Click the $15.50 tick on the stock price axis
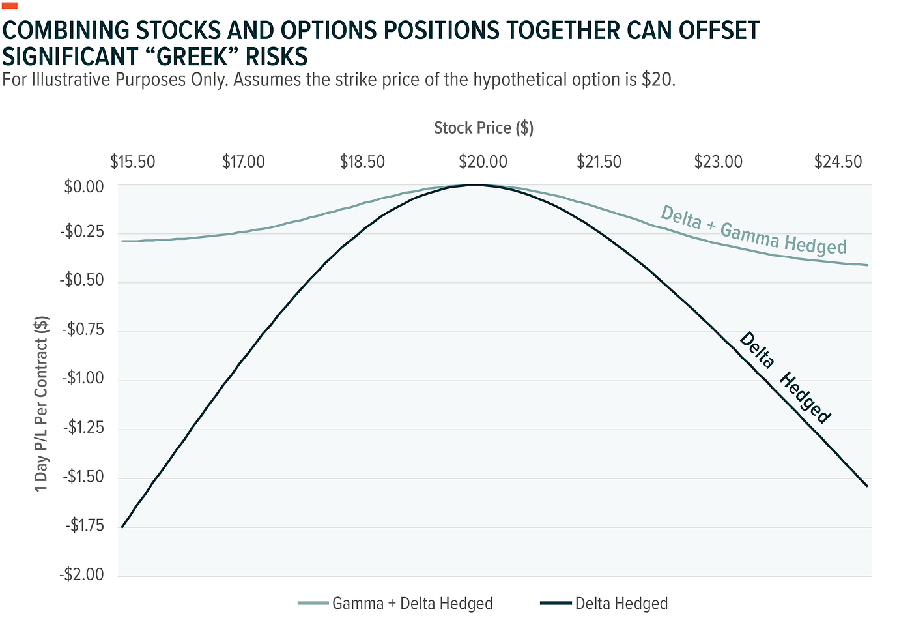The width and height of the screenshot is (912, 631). [132, 162]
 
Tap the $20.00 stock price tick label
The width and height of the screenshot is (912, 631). [483, 162]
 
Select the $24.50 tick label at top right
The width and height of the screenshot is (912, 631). [838, 162]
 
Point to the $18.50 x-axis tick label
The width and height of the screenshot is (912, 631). [362, 162]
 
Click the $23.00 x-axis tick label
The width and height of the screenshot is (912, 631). [719, 162]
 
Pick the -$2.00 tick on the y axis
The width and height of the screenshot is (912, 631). [82, 575]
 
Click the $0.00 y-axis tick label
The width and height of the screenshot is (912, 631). [84, 187]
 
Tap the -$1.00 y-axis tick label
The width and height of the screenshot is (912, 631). [83, 379]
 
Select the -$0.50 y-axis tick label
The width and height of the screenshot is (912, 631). [82, 281]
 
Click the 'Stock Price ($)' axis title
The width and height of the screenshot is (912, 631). [483, 128]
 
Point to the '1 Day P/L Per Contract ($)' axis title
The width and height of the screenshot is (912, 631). [42, 404]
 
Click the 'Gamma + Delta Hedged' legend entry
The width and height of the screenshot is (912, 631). [412, 604]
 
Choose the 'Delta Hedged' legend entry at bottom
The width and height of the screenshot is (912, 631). [621, 604]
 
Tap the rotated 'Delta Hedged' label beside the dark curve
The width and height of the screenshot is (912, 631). [785, 378]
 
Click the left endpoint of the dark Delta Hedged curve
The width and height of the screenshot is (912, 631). [122, 527]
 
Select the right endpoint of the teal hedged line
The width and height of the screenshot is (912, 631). [867, 265]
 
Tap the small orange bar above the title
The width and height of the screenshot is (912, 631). [10, 5]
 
